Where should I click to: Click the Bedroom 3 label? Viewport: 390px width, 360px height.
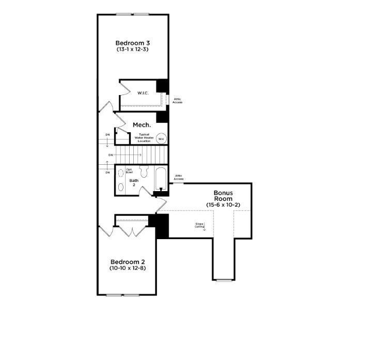click(133, 42)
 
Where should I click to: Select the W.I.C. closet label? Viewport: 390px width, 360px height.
click(143, 93)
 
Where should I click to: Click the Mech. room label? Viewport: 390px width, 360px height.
click(142, 125)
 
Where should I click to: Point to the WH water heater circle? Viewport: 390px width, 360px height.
click(161, 138)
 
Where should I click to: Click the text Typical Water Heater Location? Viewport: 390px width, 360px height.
click(144, 137)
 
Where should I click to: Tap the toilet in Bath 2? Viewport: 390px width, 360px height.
click(144, 171)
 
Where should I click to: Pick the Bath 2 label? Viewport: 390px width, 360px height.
click(134, 182)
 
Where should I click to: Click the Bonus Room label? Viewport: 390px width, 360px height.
click(223, 195)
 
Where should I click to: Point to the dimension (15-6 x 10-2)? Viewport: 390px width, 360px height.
click(223, 205)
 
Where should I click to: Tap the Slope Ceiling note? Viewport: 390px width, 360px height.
click(200, 225)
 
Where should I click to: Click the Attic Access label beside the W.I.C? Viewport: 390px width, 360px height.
click(177, 100)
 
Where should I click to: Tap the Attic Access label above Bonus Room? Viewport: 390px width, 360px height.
click(179, 177)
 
